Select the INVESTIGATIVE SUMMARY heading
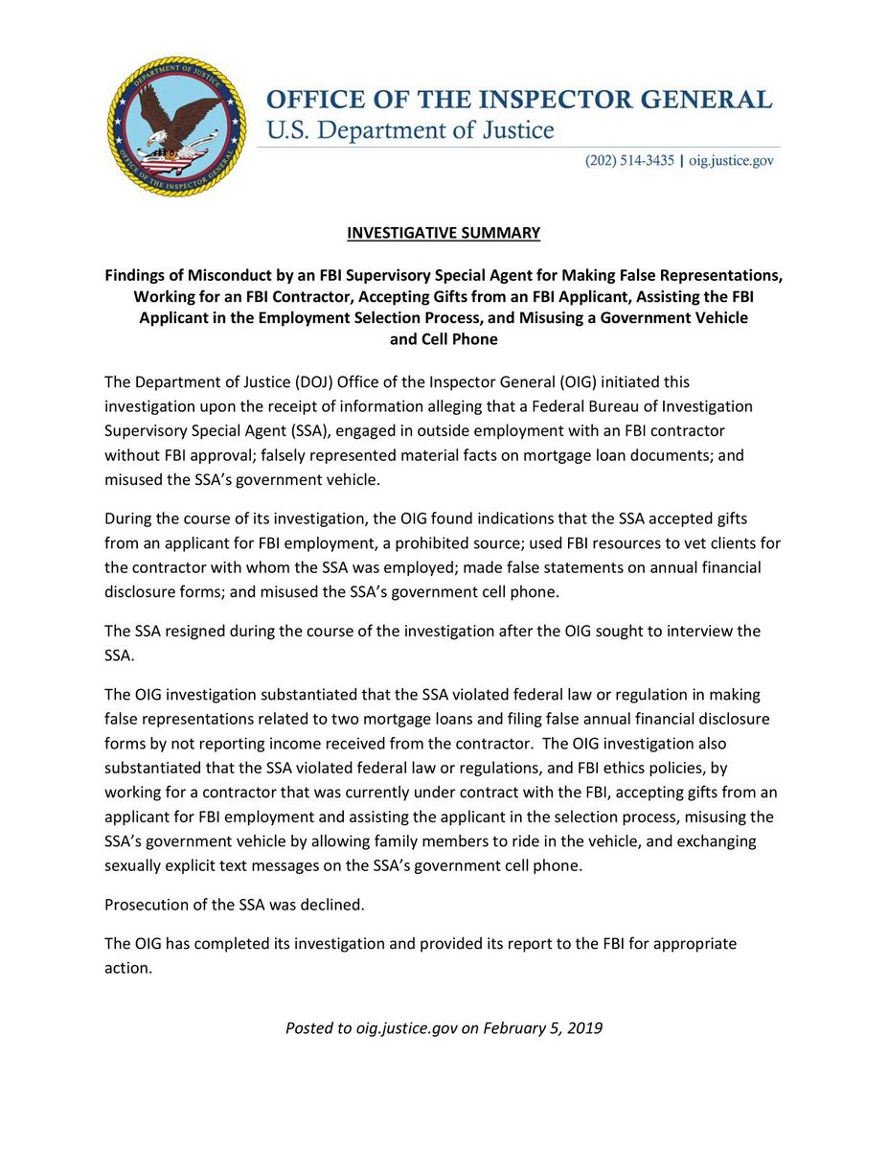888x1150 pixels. click(444, 233)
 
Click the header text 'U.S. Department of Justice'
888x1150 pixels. click(410, 129)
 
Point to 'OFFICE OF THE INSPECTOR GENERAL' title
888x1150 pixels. click(518, 100)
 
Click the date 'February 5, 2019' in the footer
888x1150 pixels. click(543, 1028)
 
